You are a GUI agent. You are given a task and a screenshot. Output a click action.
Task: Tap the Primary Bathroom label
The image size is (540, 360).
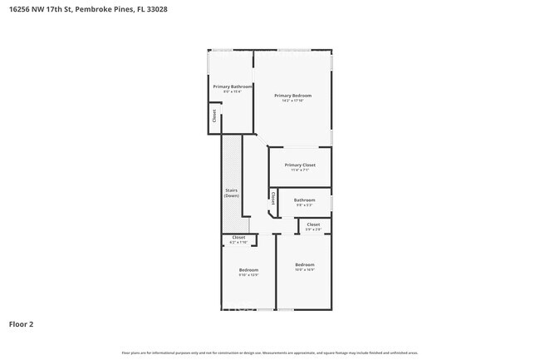coord(232,86)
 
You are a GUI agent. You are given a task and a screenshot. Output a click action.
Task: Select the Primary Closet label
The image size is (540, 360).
coord(300,165)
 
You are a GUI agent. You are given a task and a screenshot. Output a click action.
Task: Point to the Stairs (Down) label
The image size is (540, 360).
coord(232,193)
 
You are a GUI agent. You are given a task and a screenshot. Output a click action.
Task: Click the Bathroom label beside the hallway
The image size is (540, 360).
coord(304,200)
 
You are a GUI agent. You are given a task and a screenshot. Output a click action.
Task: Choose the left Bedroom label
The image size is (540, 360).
coord(248,269)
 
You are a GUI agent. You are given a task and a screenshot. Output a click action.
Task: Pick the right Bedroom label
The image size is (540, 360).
coord(304,264)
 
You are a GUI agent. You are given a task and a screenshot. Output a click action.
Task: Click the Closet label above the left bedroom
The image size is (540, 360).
coord(238,237)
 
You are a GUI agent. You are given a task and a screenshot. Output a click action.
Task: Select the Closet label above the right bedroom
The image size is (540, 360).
coord(313,224)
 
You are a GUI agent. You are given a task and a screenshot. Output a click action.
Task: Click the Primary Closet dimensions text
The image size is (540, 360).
coord(300,170)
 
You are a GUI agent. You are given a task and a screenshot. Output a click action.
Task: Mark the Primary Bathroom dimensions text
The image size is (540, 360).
coord(232,92)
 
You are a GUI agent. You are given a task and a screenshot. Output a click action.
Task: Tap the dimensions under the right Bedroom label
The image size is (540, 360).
coord(304,270)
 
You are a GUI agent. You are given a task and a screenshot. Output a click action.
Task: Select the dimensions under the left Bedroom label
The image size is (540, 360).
coord(248,275)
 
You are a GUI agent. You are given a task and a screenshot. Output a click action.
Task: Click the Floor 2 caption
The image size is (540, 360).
coord(22,323)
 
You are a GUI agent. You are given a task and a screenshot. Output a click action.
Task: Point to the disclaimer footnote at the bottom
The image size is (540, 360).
coord(270,353)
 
